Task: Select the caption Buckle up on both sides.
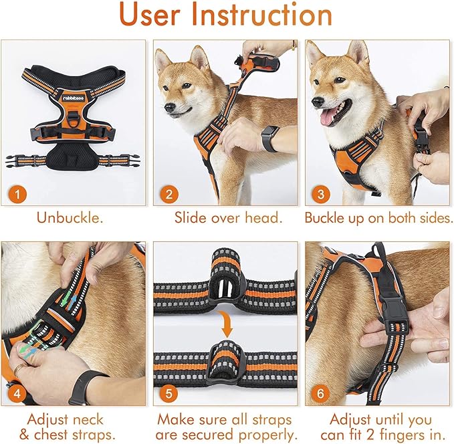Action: pos(378,218)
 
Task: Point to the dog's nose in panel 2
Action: pos(168,106)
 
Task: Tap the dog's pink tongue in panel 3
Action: pos(329,118)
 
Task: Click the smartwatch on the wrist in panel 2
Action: pos(269,138)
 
